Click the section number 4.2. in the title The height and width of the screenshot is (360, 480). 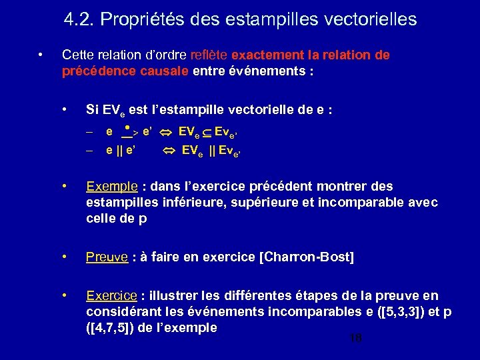pos(79,20)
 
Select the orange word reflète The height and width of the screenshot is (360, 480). pos(209,55)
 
